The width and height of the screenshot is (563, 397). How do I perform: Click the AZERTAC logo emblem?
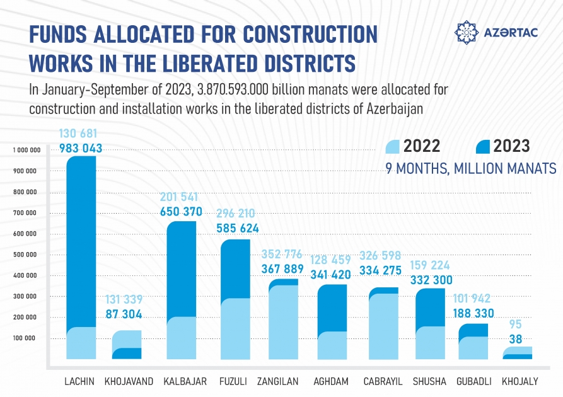[x=467, y=32]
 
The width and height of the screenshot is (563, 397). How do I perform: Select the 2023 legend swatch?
[x=483, y=146]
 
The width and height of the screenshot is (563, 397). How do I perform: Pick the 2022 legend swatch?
[x=392, y=146]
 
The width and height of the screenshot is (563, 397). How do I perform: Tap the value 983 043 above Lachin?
[x=81, y=149]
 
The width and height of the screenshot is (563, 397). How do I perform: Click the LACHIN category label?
[x=80, y=382]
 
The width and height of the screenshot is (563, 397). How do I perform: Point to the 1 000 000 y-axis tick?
[x=26, y=150]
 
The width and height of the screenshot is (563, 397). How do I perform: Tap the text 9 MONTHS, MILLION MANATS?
[x=470, y=169]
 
